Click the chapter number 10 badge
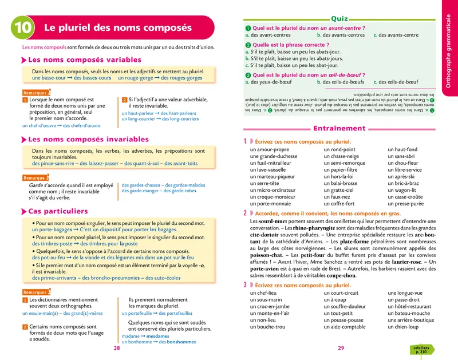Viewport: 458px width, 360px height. (23, 27)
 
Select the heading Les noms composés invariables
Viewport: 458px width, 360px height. (88, 139)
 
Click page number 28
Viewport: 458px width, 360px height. (117, 348)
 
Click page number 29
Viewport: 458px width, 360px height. (341, 348)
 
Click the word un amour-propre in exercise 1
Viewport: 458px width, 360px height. (269, 149)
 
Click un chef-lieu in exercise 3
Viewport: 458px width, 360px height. (263, 293)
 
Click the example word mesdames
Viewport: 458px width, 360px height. (158, 337)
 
